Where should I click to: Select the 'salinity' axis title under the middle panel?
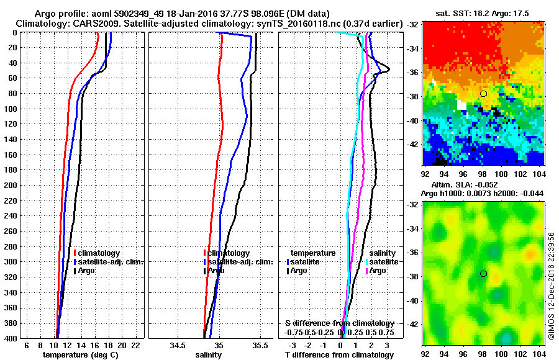[208, 355]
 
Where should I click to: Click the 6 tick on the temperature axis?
[26, 345]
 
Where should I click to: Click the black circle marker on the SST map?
[483, 94]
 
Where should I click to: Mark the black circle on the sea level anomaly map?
[483, 274]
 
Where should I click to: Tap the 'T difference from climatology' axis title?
[339, 355]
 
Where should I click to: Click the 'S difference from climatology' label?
[339, 323]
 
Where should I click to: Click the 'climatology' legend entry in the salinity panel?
[228, 253]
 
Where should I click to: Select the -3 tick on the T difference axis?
[293, 345]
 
